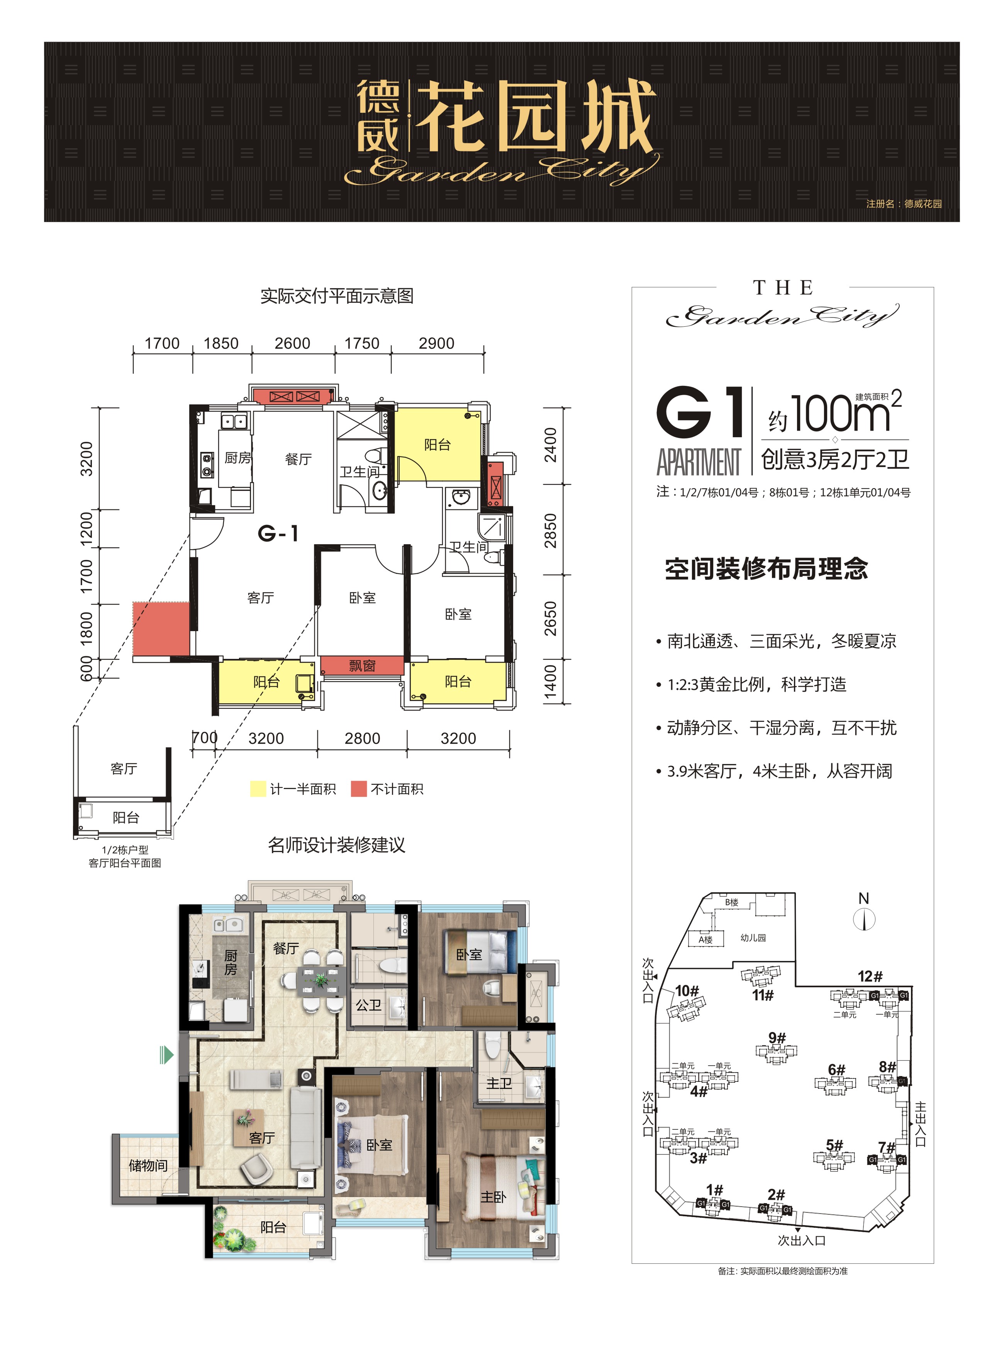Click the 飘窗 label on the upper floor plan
click(x=362, y=665)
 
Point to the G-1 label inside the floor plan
click(x=278, y=534)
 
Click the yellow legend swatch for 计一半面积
click(x=258, y=789)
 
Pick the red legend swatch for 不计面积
click(x=359, y=789)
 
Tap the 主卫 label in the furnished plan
click(x=499, y=1083)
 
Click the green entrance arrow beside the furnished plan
click(x=166, y=1054)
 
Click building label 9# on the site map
click(x=777, y=1037)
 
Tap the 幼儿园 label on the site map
click(x=753, y=938)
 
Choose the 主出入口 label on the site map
click(x=920, y=1124)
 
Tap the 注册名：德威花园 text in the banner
click(x=904, y=204)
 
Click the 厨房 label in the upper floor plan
click(x=237, y=458)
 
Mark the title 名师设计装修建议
click(x=336, y=845)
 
